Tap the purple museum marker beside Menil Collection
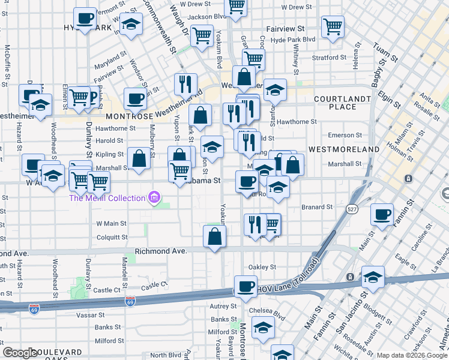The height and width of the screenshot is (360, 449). (x=154, y=197)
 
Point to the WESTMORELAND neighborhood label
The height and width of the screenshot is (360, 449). (x=343, y=149)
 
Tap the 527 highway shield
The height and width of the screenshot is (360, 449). (x=351, y=208)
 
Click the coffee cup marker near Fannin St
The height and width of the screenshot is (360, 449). (x=382, y=214)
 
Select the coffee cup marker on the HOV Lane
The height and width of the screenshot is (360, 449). (x=245, y=287)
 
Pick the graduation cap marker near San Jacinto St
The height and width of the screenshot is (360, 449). (x=373, y=277)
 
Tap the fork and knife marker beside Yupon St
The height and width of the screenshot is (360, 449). (x=185, y=83)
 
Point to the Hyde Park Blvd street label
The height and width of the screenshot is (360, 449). (x=292, y=39)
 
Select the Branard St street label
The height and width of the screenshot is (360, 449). (x=316, y=207)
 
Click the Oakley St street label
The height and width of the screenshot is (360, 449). (x=262, y=267)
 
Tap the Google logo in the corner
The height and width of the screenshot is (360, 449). (x=20, y=353)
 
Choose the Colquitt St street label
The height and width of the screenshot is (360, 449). (x=112, y=237)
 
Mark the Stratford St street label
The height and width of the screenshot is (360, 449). (x=329, y=58)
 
